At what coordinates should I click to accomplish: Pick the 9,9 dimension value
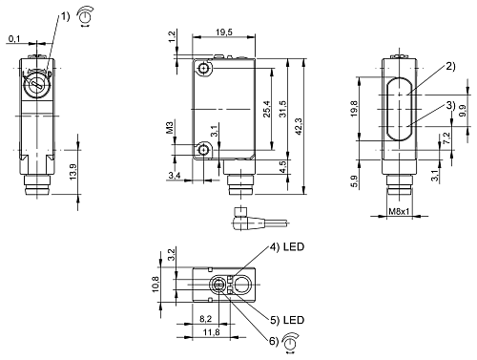tap(463, 113)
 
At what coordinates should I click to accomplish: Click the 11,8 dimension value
tap(211, 331)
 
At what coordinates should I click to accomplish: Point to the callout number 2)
tap(449, 69)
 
